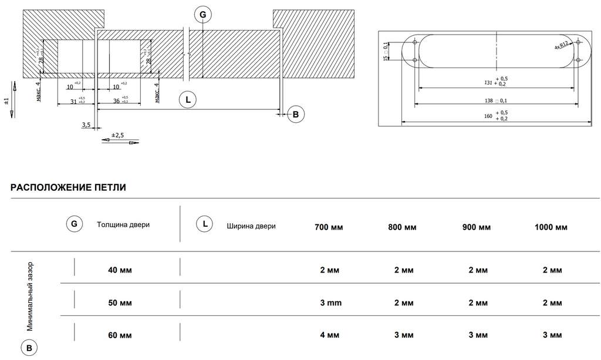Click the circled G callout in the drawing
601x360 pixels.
(x=202, y=14)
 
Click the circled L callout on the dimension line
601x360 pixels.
(x=188, y=100)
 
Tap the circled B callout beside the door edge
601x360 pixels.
(x=295, y=115)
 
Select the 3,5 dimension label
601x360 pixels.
(x=86, y=125)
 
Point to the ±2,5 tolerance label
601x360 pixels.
(x=117, y=135)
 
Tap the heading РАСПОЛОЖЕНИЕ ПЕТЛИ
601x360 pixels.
(x=68, y=188)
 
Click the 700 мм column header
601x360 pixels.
(x=329, y=227)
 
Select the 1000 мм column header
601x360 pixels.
(x=551, y=227)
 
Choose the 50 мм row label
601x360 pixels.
(x=120, y=304)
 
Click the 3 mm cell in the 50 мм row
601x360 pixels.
(x=330, y=304)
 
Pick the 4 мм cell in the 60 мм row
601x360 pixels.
(x=330, y=335)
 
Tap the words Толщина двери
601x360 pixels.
(x=123, y=225)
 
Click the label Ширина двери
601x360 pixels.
(x=251, y=226)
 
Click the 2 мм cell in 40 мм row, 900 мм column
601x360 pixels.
(x=478, y=270)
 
